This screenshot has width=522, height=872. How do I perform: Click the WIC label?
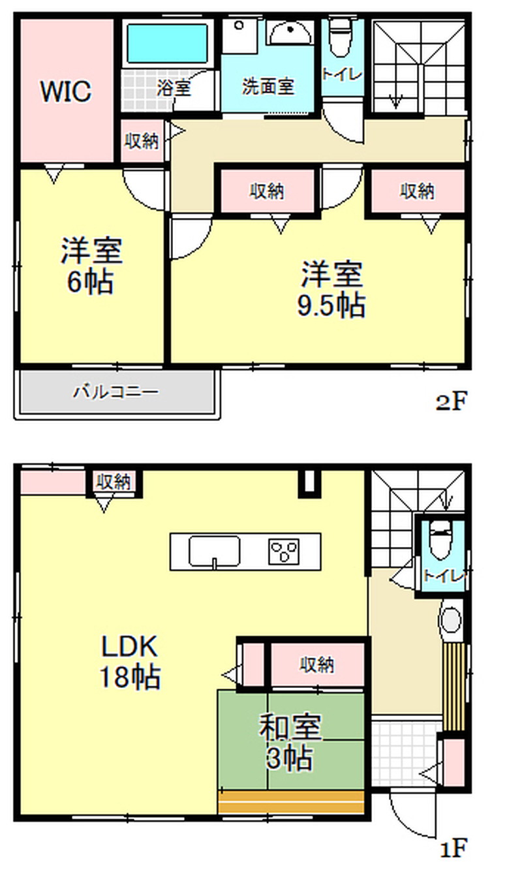pos(66,91)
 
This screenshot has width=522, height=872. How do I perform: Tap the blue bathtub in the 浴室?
pos(168,43)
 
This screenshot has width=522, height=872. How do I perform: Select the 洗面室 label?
pos(268,86)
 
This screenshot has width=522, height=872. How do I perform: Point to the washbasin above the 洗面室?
pos(290,33)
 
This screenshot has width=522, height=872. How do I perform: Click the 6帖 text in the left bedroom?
pos(91,282)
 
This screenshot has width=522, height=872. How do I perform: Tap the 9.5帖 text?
pos(331,306)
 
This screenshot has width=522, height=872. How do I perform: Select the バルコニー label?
pos(116,392)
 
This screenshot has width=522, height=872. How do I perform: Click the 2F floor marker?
pos(451,401)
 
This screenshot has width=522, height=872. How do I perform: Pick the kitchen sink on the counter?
pos(214,551)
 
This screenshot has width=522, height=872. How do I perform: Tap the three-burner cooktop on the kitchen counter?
pos(284,552)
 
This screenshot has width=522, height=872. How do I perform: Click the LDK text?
pos(130,646)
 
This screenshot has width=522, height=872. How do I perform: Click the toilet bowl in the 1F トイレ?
pos(440,541)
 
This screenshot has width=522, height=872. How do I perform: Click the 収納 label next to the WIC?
pos(142,140)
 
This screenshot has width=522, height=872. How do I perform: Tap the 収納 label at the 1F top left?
pos(114,482)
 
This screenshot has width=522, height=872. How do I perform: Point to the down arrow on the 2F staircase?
pos(396,101)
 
